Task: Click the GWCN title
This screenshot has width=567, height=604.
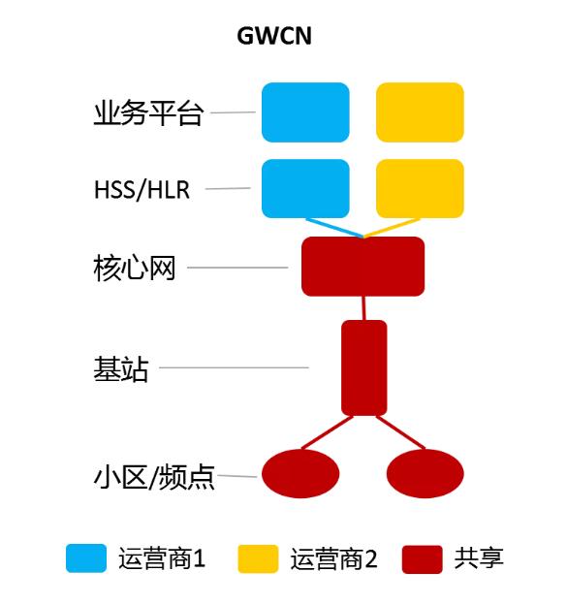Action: (274, 36)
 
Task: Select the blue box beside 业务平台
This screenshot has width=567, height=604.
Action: (305, 112)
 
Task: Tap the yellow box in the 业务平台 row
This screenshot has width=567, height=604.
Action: (420, 112)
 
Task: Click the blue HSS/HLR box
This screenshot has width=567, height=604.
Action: (305, 188)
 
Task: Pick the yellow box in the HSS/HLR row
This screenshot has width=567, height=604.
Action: (420, 188)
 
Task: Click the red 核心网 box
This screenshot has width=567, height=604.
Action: (362, 267)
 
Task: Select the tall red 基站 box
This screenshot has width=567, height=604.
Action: (364, 367)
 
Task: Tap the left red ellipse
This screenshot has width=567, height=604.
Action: (300, 473)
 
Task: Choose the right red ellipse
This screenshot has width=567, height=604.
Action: (425, 473)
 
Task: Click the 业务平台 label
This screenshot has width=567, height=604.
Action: (148, 112)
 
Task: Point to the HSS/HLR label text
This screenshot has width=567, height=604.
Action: (142, 189)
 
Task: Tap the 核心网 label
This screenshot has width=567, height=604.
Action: (135, 268)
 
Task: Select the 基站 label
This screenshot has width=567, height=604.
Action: (121, 368)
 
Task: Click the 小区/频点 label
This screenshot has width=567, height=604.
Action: (154, 477)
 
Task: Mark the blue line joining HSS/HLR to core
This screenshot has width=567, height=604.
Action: (334, 228)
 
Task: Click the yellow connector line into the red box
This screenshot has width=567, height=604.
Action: (392, 228)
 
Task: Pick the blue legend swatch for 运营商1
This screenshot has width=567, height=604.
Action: (86, 558)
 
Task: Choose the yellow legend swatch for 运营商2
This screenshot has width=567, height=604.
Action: (258, 558)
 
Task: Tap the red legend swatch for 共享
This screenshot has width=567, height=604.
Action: (423, 559)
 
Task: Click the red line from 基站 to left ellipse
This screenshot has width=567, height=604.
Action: (327, 432)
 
